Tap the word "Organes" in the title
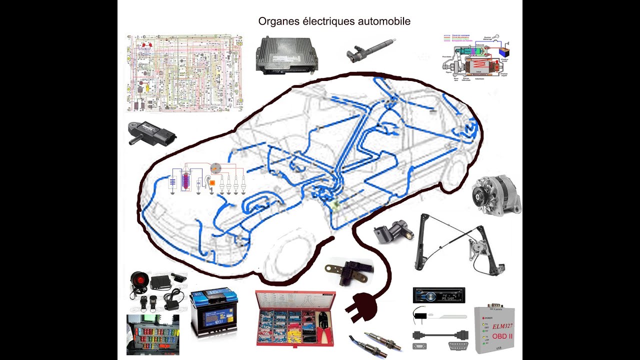coord(276,21)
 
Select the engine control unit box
coord(286,54)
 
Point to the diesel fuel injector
coord(370,50)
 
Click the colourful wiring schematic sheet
coord(184,73)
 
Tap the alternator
coord(496,195)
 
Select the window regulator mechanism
coord(455,245)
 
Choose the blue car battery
coord(213,313)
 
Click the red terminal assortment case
coord(295,318)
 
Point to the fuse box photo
coord(152,334)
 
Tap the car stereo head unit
coord(438,295)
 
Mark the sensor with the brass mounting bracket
coord(348,271)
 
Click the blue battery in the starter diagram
coord(504,51)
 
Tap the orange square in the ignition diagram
coord(212,183)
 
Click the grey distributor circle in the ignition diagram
coord(215,168)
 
